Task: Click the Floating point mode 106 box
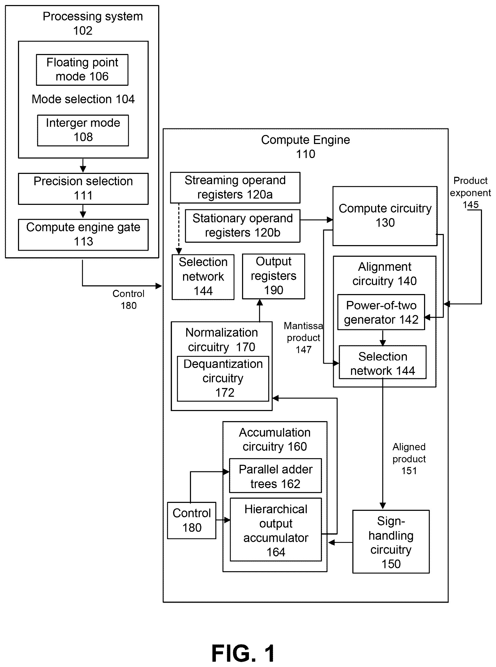pyautogui.click(x=82, y=70)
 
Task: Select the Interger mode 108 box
pyautogui.click(x=83, y=130)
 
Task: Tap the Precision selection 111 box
pyautogui.click(x=83, y=189)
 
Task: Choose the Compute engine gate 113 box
pyautogui.click(x=83, y=235)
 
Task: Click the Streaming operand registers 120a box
pyautogui.click(x=235, y=187)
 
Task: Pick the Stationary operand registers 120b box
pyautogui.click(x=243, y=226)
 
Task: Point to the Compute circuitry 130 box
pyautogui.click(x=385, y=216)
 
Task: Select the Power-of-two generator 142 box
pyautogui.click(x=381, y=312)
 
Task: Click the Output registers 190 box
pyautogui.click(x=274, y=276)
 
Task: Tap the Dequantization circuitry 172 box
pyautogui.click(x=223, y=378)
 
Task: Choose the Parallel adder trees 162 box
pyautogui.click(x=275, y=476)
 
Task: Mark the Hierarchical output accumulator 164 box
pyautogui.click(x=276, y=530)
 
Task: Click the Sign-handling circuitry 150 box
pyautogui.click(x=391, y=542)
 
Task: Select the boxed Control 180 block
pyautogui.click(x=192, y=520)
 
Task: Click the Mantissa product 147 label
pyautogui.click(x=303, y=337)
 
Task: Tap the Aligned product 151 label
pyautogui.click(x=409, y=458)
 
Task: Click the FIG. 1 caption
pyautogui.click(x=243, y=654)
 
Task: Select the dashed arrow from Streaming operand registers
pyautogui.click(x=179, y=229)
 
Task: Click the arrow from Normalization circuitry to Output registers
pyautogui.click(x=260, y=310)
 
